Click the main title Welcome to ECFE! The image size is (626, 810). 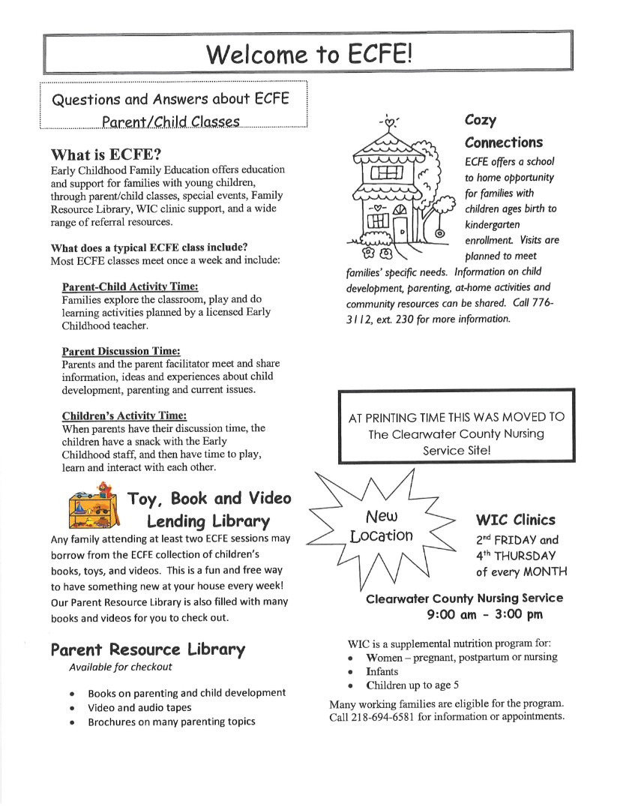click(x=309, y=54)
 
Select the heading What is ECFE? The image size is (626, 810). click(x=106, y=155)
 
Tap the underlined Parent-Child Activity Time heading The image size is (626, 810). click(x=130, y=286)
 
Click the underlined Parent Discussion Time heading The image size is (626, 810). click(x=121, y=350)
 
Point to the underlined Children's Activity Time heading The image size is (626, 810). click(x=124, y=415)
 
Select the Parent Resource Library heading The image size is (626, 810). click(x=148, y=649)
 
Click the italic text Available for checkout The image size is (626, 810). click(x=120, y=667)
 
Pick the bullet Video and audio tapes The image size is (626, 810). click(x=139, y=707)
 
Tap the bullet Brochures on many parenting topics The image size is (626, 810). click(x=171, y=721)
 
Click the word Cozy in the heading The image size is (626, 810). click(x=481, y=120)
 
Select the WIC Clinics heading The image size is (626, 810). click(x=516, y=520)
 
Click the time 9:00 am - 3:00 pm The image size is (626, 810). click(x=485, y=614)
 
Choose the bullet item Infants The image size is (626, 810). click(x=382, y=671)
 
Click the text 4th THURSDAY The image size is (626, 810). click(x=516, y=556)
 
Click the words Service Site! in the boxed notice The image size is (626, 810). click(x=457, y=451)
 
